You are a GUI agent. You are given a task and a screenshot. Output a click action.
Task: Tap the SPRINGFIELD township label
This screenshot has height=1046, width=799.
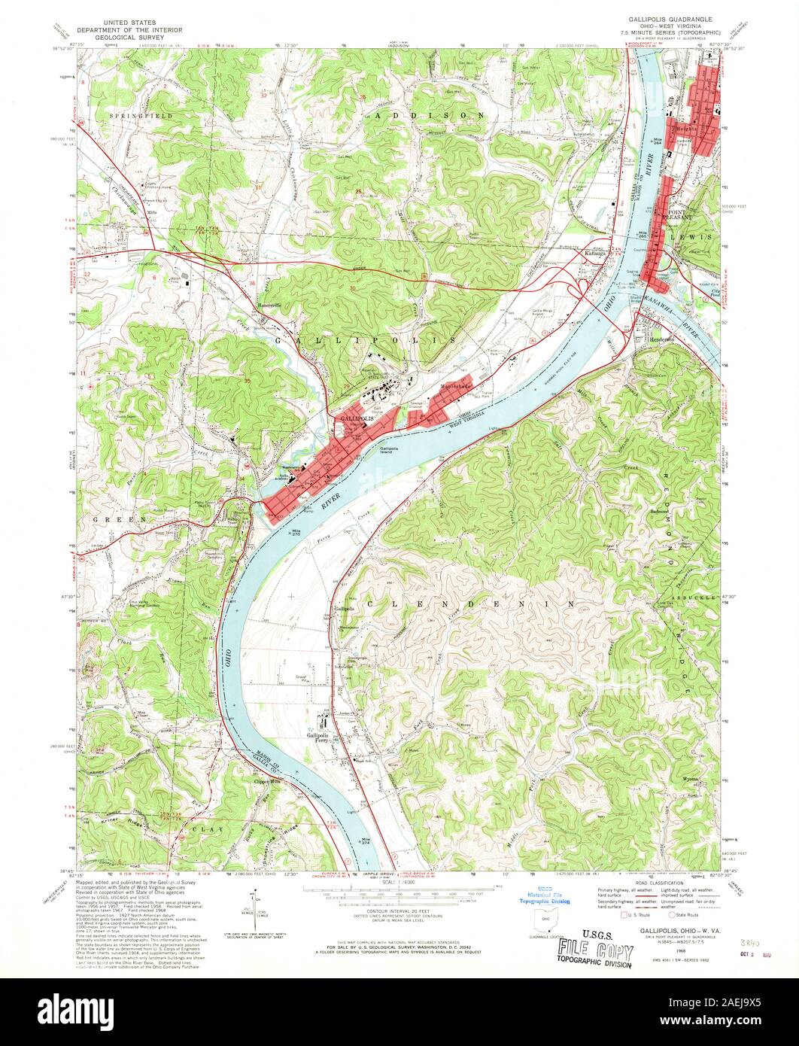pyautogui.click(x=141, y=117)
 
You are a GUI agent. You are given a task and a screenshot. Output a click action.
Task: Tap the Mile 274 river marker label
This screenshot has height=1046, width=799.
pyautogui.click(x=366, y=842)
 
